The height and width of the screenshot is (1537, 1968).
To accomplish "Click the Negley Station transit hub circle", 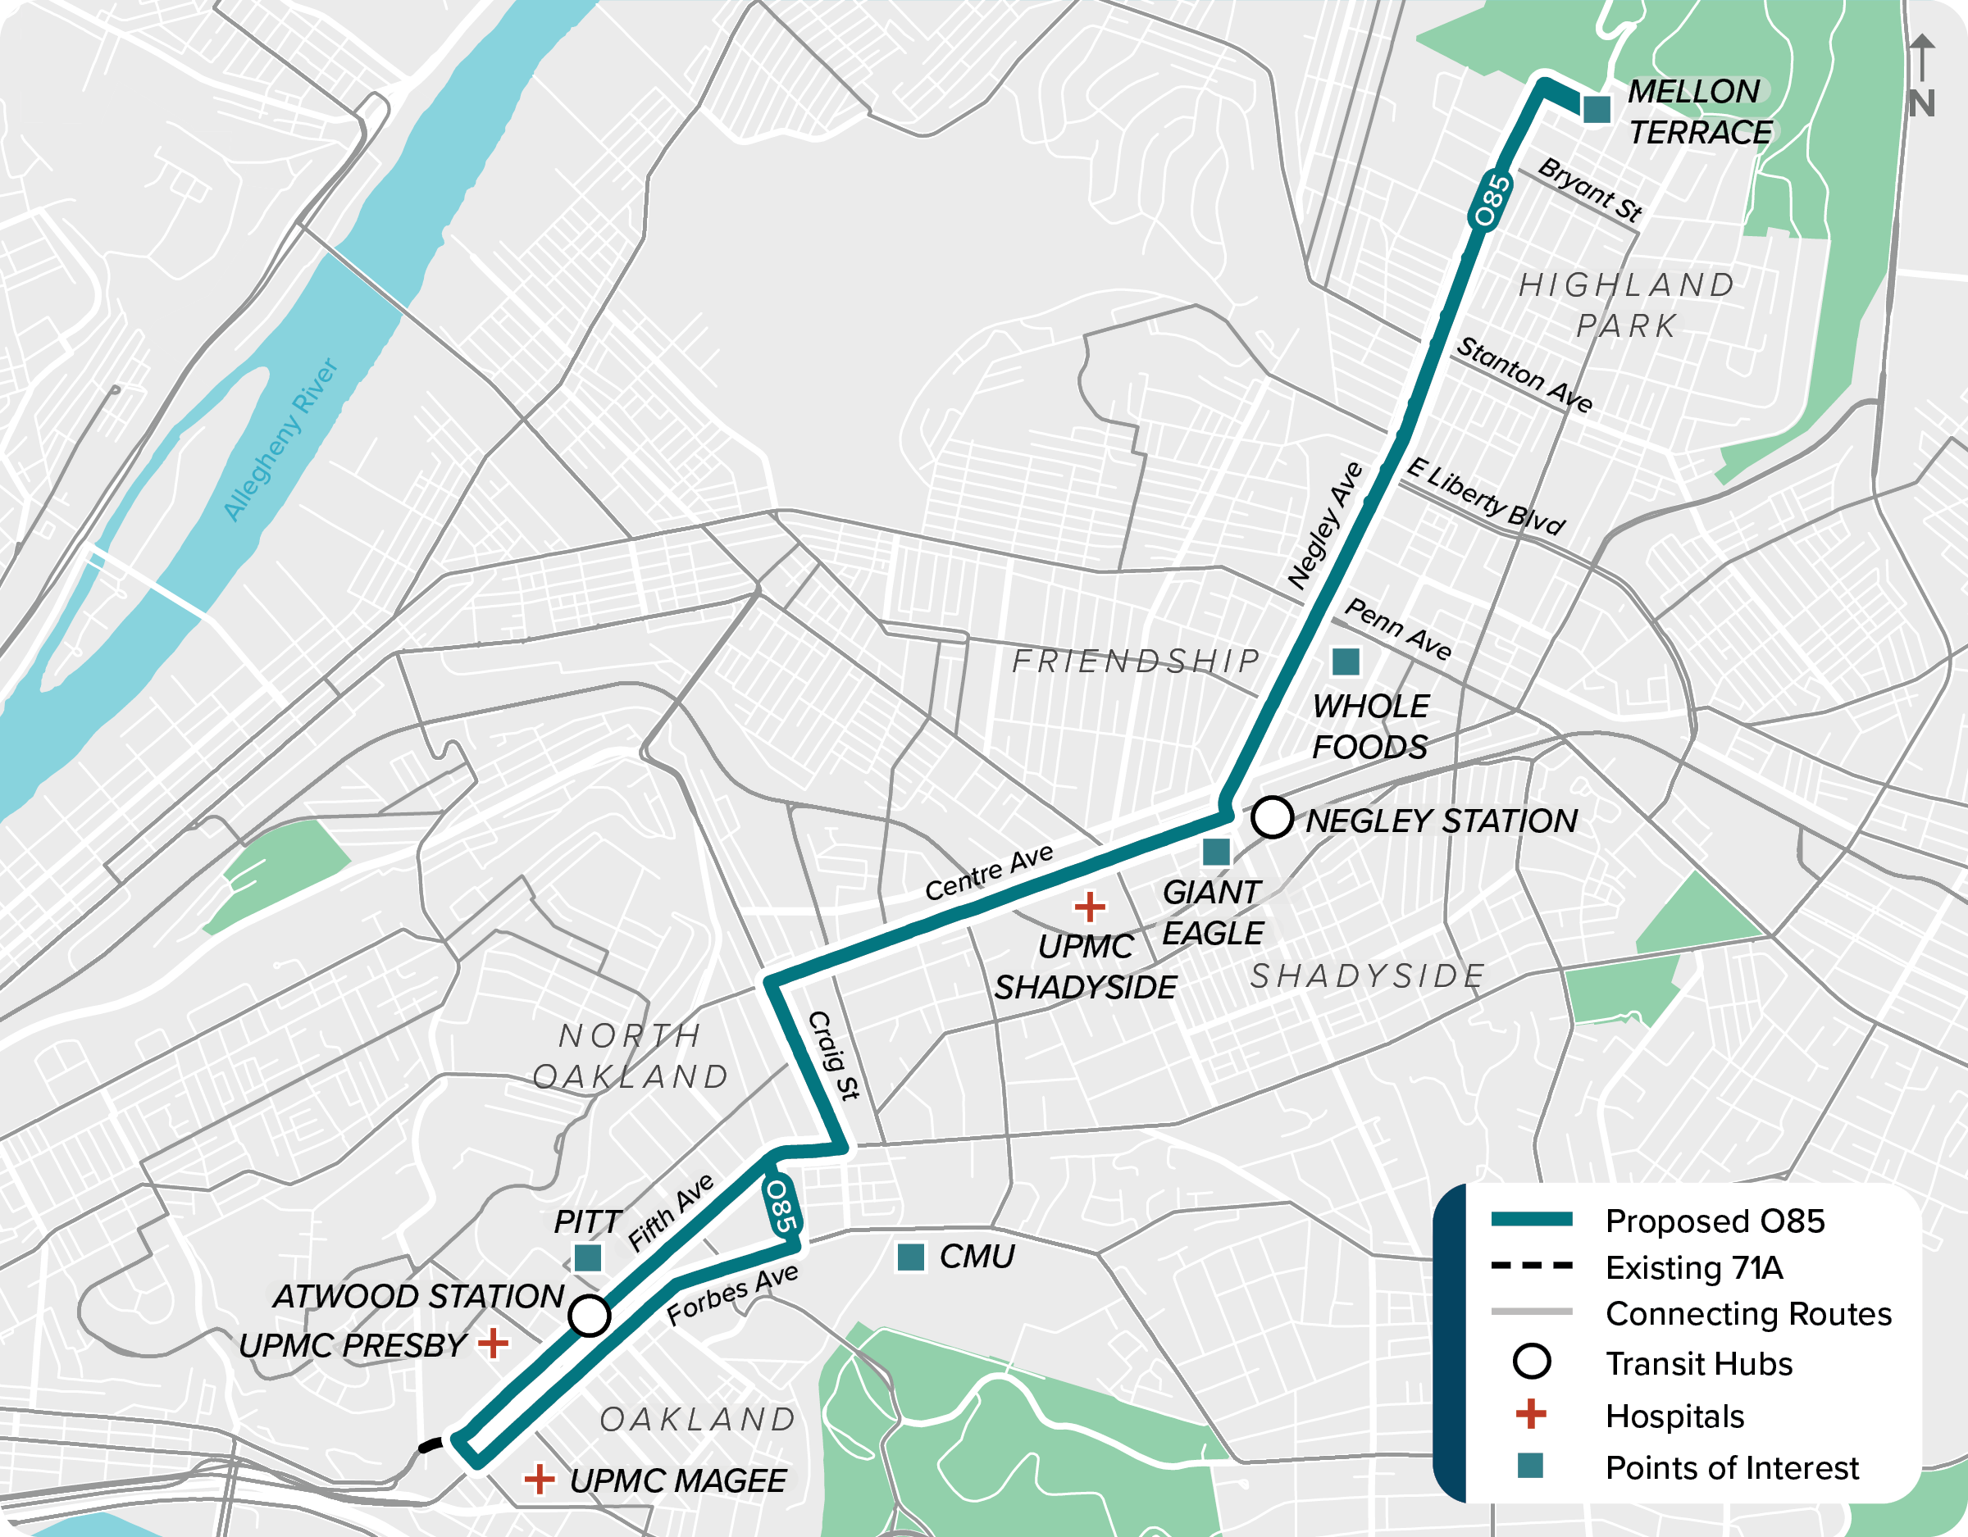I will tap(1272, 817).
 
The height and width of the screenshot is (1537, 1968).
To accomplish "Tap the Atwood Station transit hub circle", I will tap(590, 1316).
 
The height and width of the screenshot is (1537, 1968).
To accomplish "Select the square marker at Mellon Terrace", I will tap(1597, 109).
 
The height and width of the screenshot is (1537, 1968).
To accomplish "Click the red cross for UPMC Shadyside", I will tap(1090, 907).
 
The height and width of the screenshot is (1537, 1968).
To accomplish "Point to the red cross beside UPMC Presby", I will tap(493, 1344).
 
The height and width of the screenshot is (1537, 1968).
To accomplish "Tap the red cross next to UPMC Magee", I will tap(539, 1479).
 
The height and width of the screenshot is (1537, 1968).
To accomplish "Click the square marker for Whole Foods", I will tap(1346, 662).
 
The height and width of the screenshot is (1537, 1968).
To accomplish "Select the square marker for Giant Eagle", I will tap(1217, 852).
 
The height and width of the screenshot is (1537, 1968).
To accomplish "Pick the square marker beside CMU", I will tap(911, 1257).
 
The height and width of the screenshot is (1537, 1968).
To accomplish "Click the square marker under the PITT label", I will tap(587, 1257).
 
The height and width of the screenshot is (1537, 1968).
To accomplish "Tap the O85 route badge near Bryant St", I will tap(1488, 200).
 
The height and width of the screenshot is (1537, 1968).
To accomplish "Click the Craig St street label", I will tap(833, 1055).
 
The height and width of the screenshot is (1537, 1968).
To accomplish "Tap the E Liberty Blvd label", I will tap(1485, 497).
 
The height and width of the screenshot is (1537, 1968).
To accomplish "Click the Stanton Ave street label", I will tap(1524, 374).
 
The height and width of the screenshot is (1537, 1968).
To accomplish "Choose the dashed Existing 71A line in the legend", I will tap(1531, 1266).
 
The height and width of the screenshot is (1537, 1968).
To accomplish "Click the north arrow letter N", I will tap(1921, 103).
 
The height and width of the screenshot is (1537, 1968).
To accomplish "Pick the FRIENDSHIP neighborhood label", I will tap(1136, 661).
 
